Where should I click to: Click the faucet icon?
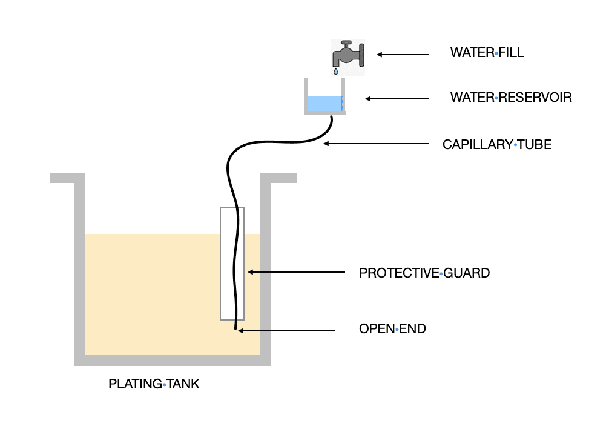(x=348, y=57)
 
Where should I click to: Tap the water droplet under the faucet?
(x=335, y=72)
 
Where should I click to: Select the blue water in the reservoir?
(x=325, y=104)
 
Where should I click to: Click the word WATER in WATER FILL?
(x=472, y=53)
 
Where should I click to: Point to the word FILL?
(x=511, y=53)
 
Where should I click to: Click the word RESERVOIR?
(x=535, y=97)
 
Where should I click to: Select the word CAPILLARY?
(x=478, y=145)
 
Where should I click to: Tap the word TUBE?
(x=535, y=145)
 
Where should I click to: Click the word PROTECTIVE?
(x=400, y=273)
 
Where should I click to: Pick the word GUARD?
(x=467, y=273)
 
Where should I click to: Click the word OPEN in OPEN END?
(x=377, y=329)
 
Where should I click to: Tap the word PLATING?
(x=136, y=384)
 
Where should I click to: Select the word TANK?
(x=183, y=384)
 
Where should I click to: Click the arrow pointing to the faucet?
(x=403, y=55)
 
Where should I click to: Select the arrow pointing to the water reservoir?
(x=397, y=99)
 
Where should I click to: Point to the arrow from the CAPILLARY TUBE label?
(x=377, y=144)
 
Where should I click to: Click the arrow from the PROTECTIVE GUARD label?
(x=297, y=272)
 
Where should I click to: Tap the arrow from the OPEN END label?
(x=286, y=331)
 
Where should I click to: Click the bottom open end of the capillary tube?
(x=235, y=329)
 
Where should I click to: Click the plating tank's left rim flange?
(x=68, y=178)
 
